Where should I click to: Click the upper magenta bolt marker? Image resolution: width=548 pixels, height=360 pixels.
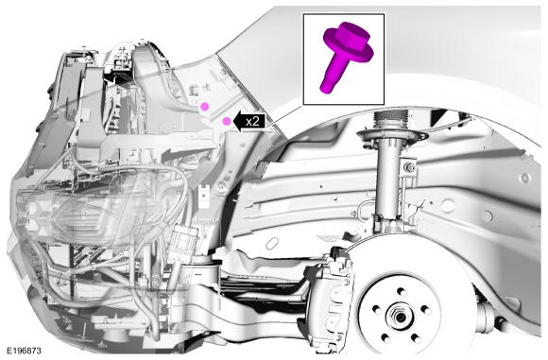[204, 106]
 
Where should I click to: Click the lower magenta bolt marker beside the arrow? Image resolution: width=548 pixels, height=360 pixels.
[227, 121]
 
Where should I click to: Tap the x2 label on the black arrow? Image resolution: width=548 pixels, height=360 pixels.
[252, 122]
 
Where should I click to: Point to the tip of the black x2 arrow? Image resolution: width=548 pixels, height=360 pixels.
[233, 122]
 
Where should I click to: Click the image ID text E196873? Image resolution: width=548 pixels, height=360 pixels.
[24, 351]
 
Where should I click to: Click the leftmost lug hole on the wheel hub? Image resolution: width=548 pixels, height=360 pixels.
[376, 309]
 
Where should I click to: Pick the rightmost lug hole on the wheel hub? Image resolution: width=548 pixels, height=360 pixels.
[425, 309]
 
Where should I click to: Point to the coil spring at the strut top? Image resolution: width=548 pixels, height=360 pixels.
[391, 121]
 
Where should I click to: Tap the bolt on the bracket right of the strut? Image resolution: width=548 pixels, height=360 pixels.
[409, 168]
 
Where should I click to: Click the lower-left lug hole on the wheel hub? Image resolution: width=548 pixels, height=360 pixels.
[385, 338]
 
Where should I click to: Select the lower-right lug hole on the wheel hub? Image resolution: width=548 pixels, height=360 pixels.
[416, 338]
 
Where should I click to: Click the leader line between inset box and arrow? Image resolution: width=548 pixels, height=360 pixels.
[284, 116]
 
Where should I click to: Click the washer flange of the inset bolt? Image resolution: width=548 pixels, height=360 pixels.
[349, 47]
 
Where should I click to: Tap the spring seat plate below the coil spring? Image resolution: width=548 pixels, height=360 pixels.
[392, 136]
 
